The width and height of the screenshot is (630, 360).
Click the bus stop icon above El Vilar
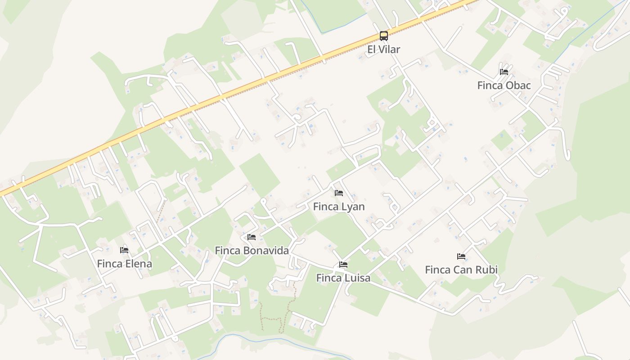383,36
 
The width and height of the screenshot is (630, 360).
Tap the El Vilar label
383,49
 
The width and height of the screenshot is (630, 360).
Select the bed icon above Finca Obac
504,72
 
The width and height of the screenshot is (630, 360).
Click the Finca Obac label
504,85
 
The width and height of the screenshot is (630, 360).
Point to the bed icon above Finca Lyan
339,193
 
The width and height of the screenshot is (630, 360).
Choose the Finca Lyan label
339,207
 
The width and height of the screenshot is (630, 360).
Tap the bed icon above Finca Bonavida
252,237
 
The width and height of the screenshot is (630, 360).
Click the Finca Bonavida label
252,251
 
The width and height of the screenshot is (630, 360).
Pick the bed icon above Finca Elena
124,250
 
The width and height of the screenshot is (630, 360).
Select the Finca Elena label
124,264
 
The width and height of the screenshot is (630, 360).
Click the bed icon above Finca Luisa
343,265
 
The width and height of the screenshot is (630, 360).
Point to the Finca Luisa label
343,278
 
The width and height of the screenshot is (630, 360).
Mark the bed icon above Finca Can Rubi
461,256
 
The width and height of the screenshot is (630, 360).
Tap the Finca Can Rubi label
461,270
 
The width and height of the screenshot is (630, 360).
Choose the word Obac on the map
518,85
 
